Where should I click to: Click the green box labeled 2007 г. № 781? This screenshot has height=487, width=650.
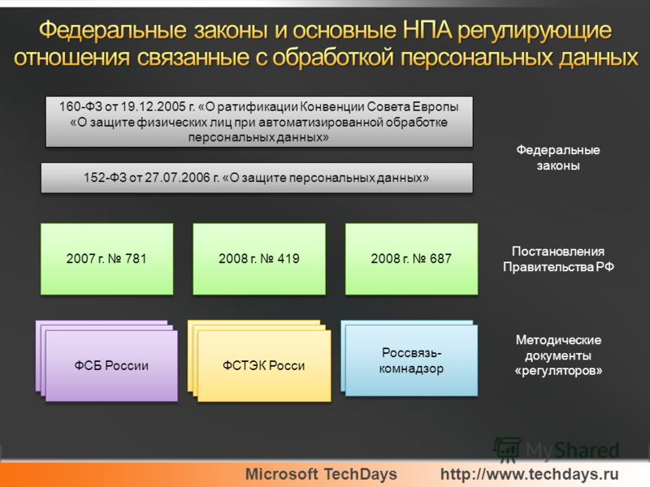point(107,259)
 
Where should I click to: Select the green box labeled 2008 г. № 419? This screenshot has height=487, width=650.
point(259,259)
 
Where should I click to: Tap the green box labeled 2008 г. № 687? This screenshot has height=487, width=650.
point(411,259)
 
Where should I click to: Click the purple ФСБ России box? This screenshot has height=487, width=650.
point(111,366)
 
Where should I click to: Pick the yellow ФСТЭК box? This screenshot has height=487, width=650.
point(264,366)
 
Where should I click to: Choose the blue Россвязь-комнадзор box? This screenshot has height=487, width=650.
point(411,360)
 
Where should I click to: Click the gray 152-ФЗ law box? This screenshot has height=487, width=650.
point(257,178)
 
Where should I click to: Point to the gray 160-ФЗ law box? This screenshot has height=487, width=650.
point(259,122)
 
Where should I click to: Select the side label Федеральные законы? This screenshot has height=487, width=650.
point(558,157)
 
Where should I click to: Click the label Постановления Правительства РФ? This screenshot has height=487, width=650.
point(558,259)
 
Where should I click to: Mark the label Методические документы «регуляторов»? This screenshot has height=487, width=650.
point(558,356)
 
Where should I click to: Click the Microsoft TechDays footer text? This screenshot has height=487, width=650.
point(321,474)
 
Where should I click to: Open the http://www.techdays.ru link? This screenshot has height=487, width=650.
point(530,474)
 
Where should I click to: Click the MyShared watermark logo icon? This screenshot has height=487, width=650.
point(507,450)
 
